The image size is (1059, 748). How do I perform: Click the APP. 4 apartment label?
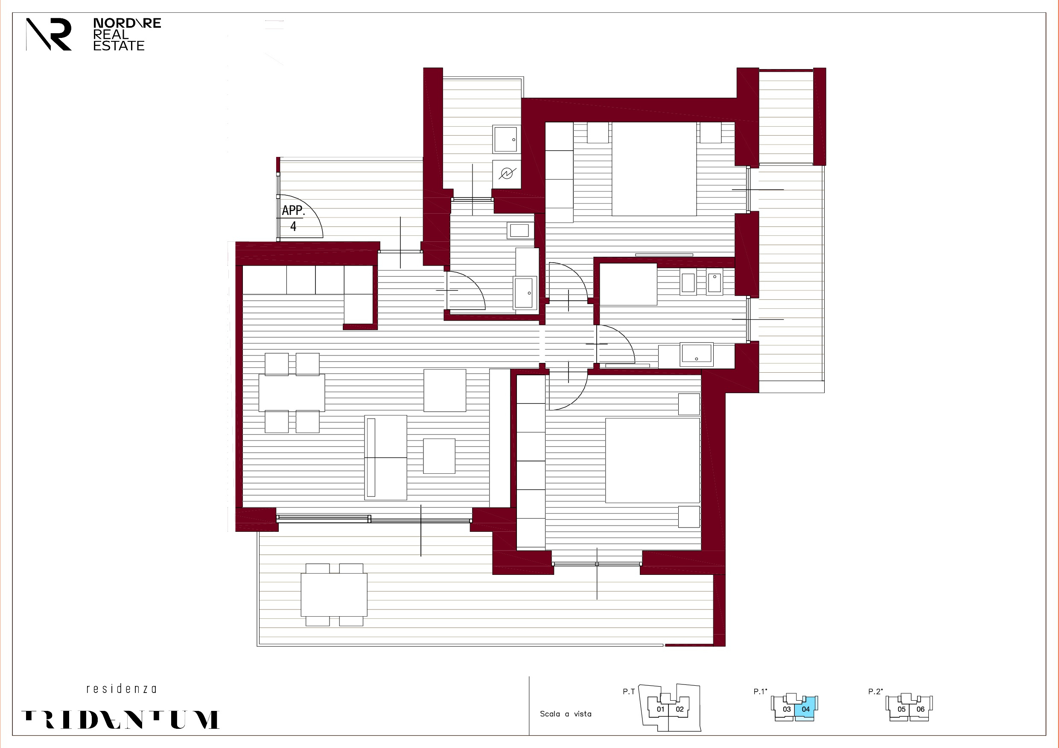293,218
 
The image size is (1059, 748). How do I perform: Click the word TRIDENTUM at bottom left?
120,720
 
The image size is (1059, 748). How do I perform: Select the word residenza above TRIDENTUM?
121,689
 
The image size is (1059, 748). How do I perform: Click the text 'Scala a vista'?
566,714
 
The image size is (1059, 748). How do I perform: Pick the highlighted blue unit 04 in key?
806,709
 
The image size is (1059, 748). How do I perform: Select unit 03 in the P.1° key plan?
787,709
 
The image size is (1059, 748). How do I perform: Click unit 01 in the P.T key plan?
660,709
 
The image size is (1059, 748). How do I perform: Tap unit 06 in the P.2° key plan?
920,709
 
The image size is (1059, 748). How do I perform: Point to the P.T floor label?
629,691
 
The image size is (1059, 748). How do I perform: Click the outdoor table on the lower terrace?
334,594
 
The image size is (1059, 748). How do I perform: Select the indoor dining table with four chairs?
292,393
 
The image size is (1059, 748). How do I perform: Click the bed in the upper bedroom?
653,169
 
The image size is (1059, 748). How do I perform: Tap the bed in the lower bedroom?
652,461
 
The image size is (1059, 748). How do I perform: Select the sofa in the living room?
385,457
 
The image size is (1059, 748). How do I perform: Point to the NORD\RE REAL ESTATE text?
126,35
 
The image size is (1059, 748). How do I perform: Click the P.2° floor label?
875,691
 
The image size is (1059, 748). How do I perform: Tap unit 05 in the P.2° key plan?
901,709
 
